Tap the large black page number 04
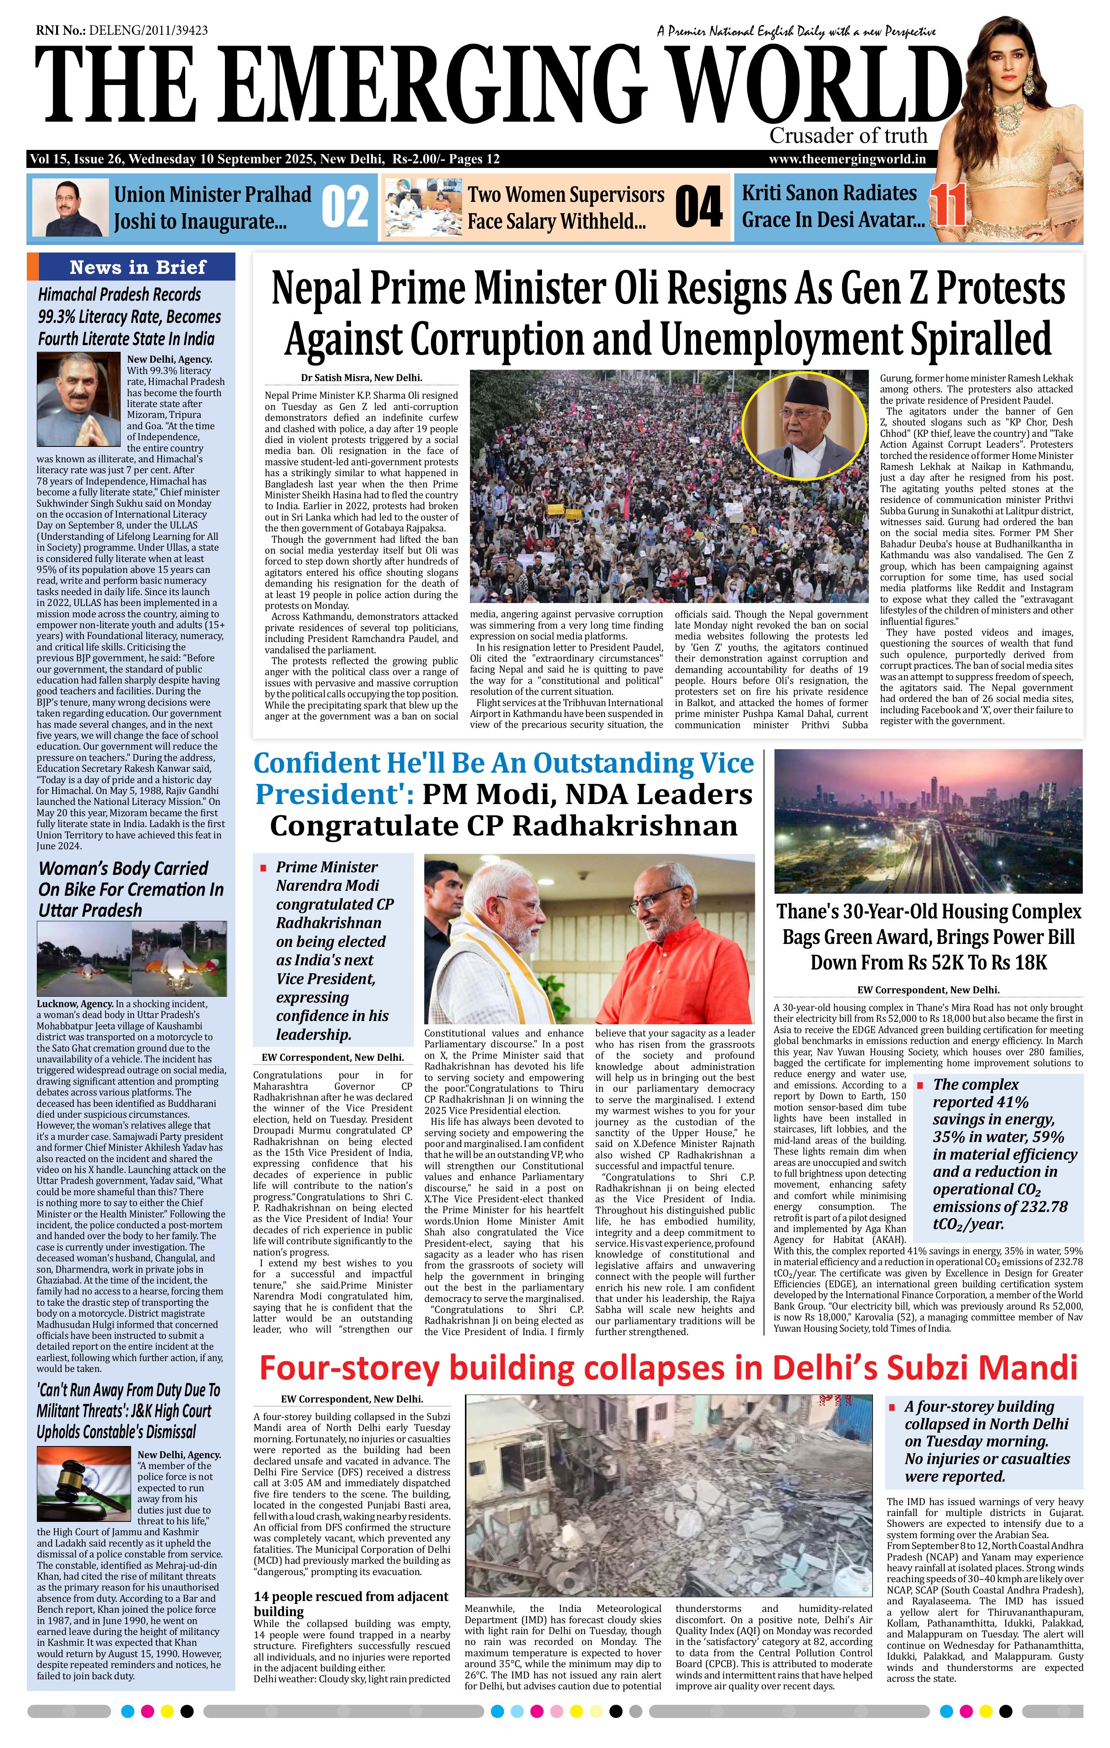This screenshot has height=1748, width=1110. point(698,207)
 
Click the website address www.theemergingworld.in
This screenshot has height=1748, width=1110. point(847,160)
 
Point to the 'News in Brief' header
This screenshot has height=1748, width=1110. point(138,267)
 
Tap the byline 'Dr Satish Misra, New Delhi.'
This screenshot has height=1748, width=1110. point(361,377)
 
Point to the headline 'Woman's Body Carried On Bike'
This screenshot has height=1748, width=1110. point(131,889)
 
